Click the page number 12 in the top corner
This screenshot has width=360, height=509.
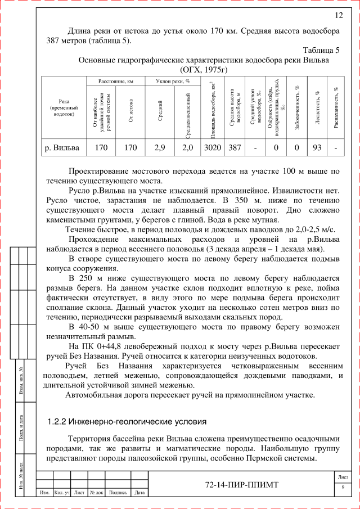339,15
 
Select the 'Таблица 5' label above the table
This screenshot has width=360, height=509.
321,50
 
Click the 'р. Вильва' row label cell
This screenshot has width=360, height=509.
62,148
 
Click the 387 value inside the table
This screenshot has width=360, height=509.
235,148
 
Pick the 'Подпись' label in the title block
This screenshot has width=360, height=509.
118,493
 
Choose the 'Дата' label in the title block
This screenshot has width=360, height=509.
140,493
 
